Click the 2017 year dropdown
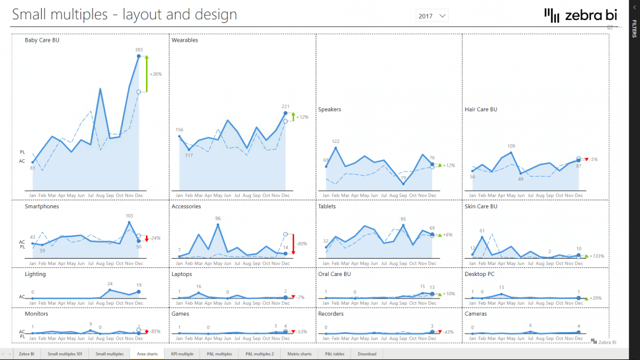(432, 16)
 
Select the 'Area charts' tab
(148, 354)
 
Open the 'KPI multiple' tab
(182, 354)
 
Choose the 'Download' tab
(367, 354)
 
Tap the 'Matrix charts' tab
(299, 354)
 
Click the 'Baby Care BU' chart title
(42, 40)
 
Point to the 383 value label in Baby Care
(139, 49)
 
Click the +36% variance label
(155, 74)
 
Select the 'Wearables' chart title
(185, 40)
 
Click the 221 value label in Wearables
(285, 106)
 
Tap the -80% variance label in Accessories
(301, 244)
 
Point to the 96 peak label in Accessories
(217, 218)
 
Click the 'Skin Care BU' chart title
(481, 206)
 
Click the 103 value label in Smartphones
(129, 216)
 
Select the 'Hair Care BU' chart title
(481, 109)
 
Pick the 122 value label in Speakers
(336, 142)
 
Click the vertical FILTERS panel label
(634, 29)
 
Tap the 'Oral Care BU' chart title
(334, 274)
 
